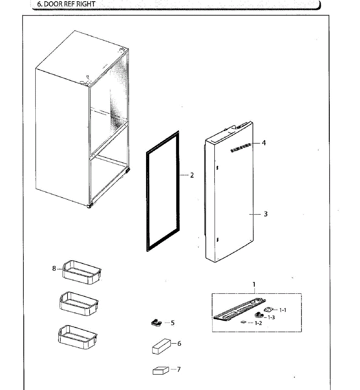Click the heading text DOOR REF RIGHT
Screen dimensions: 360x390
[70, 4]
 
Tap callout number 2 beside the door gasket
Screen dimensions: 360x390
[192, 175]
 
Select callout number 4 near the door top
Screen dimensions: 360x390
[264, 143]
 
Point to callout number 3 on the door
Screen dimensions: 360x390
[266, 214]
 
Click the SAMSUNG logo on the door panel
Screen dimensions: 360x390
[241, 148]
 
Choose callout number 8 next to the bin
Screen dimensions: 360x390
[54, 268]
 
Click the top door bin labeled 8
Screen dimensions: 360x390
[82, 272]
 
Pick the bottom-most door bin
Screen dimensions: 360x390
[78, 337]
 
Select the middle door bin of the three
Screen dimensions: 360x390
[79, 304]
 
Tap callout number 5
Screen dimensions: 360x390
[173, 323]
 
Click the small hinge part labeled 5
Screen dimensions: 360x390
[156, 323]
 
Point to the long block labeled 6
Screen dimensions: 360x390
[161, 346]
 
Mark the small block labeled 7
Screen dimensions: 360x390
[161, 370]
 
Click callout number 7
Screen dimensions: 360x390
[179, 370]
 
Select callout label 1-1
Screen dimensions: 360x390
[283, 310]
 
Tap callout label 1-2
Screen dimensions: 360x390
[258, 323]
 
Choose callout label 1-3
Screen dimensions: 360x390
[271, 317]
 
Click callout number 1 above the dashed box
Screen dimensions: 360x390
[254, 284]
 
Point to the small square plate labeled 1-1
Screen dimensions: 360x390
[268, 310]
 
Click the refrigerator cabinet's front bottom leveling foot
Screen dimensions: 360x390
[90, 206]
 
